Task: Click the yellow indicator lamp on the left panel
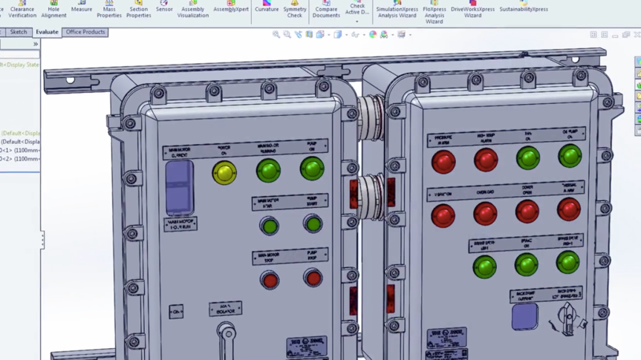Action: tap(224, 173)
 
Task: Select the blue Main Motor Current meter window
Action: tap(179, 188)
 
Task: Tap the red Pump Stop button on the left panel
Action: tap(313, 278)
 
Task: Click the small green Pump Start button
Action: tap(313, 223)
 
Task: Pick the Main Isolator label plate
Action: tap(225, 308)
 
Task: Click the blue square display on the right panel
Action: tap(524, 316)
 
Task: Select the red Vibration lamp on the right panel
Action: tap(443, 215)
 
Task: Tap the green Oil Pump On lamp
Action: tap(570, 156)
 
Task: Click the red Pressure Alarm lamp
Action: tap(443, 161)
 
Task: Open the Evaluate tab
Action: tap(47, 32)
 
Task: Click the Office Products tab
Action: tap(85, 32)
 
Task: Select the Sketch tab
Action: tap(19, 32)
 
